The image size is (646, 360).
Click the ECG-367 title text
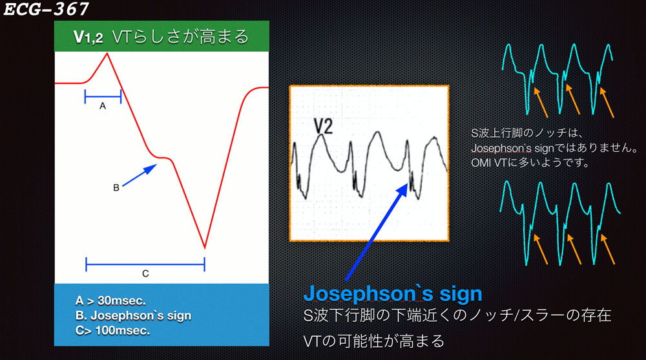[x=46, y=9]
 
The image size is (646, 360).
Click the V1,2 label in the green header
[x=88, y=37]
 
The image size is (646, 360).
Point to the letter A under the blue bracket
[x=103, y=106]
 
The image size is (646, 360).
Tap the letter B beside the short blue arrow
[x=116, y=187]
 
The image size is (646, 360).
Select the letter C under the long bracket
[x=145, y=273]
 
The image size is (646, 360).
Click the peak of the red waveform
[x=107, y=53]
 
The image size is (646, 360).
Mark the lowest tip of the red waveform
[x=205, y=248]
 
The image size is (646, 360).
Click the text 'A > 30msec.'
[x=110, y=301]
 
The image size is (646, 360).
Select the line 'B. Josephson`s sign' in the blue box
[x=133, y=315]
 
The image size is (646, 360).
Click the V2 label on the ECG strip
[x=324, y=126]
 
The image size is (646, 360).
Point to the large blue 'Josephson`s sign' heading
[x=393, y=293]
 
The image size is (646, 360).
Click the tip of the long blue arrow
[x=408, y=184]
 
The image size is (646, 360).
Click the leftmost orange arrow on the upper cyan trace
[x=541, y=102]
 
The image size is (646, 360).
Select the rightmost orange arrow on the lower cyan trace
[x=608, y=249]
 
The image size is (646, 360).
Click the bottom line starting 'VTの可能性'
[x=373, y=341]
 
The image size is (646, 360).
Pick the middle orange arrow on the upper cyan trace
[x=573, y=100]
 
